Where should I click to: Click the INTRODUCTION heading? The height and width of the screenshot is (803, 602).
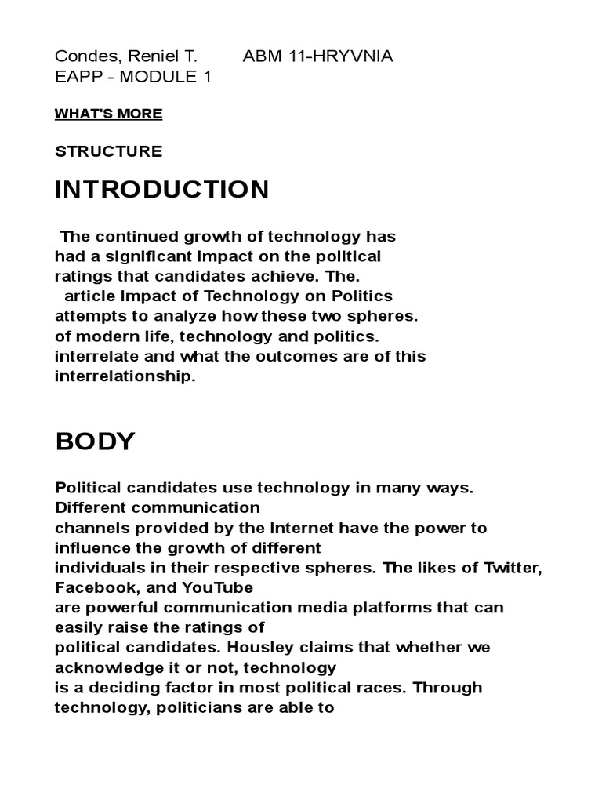[161, 189]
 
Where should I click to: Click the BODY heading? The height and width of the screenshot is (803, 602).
[95, 441]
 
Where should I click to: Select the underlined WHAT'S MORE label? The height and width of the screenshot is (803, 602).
[108, 114]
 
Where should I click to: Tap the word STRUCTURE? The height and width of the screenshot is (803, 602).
[108, 151]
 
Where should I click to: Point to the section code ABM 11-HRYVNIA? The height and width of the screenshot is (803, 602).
[317, 56]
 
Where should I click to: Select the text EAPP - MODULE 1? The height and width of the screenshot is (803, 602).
[132, 77]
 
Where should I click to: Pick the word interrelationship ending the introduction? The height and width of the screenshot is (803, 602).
[125, 376]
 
